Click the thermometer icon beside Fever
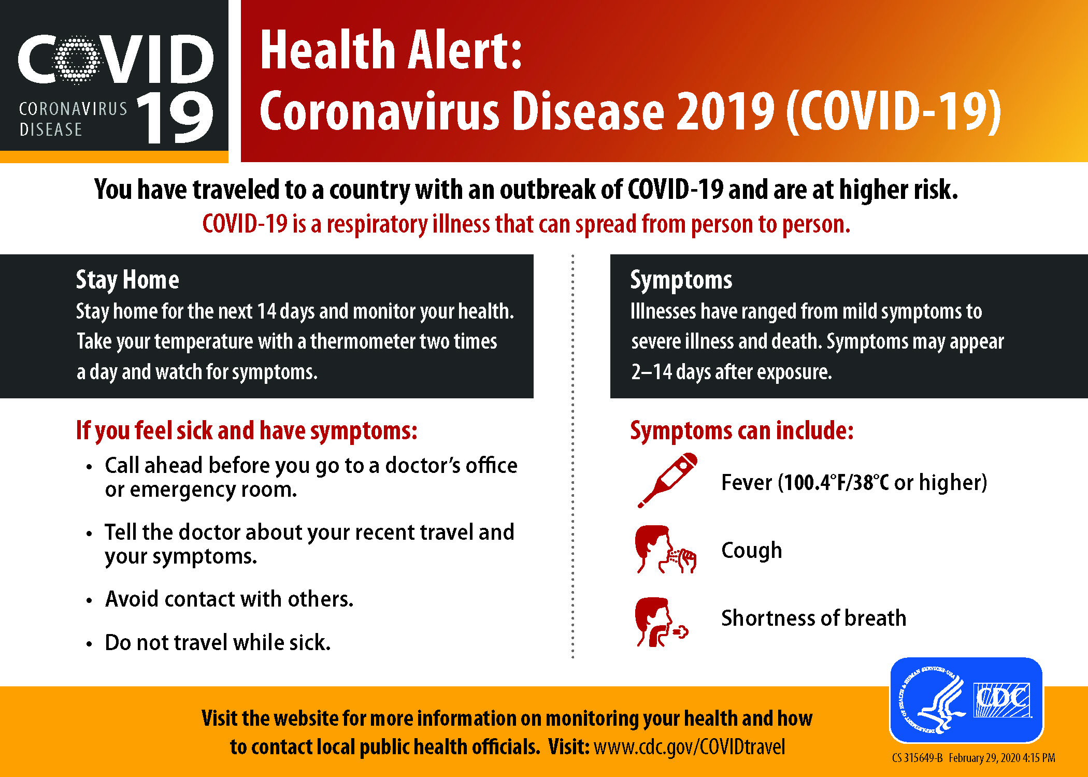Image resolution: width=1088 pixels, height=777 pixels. (667, 481)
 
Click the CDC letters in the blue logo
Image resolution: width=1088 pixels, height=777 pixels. (1002, 699)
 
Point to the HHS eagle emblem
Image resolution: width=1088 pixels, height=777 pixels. (931, 700)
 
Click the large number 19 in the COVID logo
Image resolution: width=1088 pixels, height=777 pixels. (175, 117)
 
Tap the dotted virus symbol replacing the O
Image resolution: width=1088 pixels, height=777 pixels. (77, 60)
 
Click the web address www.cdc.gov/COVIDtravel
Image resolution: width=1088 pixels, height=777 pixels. (689, 747)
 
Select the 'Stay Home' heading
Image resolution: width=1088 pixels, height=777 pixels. (127, 280)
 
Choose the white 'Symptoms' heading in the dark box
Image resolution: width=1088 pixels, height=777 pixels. (681, 280)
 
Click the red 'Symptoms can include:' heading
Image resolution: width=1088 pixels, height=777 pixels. (742, 430)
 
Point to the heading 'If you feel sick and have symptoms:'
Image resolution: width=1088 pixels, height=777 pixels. (247, 430)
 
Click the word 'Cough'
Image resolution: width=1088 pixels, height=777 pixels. (752, 550)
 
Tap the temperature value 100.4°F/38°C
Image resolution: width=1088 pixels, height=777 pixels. (836, 482)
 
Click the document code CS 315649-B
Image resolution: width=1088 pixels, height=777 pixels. (918, 758)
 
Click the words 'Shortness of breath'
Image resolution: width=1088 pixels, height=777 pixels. (814, 618)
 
